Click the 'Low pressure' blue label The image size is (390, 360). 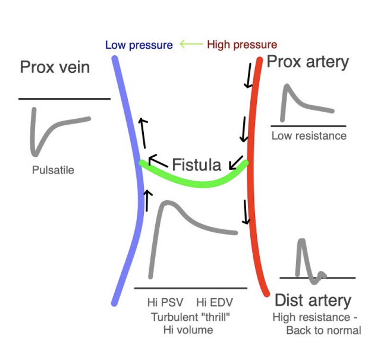pyautogui.click(x=139, y=45)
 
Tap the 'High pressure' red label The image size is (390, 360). pyautogui.click(x=242, y=45)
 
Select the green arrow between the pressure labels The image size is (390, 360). pyautogui.click(x=191, y=44)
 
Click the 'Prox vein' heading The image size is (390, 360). pyautogui.click(x=55, y=67)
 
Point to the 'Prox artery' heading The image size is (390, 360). pyautogui.click(x=308, y=62)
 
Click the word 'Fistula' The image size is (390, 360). pyautogui.click(x=197, y=165)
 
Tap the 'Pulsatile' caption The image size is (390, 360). pyautogui.click(x=53, y=170)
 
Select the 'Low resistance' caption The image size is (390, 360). pyautogui.click(x=309, y=136)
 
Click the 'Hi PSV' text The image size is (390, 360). pyautogui.click(x=165, y=302)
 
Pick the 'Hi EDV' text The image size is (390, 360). pyautogui.click(x=215, y=302)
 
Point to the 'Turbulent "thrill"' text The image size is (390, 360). pyautogui.click(x=190, y=317)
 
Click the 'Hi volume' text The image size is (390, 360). pyautogui.click(x=188, y=330)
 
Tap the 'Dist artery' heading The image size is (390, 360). pyautogui.click(x=313, y=301)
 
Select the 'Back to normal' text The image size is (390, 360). pyautogui.click(x=323, y=330)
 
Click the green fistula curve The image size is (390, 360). pyautogui.click(x=202, y=185)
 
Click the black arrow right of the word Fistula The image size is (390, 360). pyautogui.click(x=236, y=163)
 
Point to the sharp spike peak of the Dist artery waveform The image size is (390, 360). pyautogui.click(x=301, y=241)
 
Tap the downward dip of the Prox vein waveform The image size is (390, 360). pyautogui.click(x=35, y=154)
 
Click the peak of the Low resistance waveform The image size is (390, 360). pyautogui.click(x=287, y=86)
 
